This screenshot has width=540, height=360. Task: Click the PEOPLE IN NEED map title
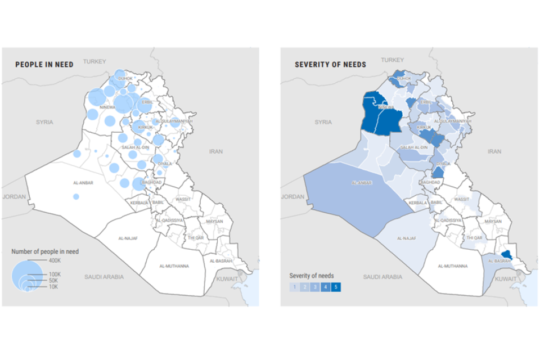click(x=44, y=65)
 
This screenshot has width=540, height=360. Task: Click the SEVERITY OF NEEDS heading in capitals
click(x=330, y=65)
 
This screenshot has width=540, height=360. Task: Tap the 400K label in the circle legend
click(x=55, y=261)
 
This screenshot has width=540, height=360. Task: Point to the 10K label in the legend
click(x=53, y=287)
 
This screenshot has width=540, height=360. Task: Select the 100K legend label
click(x=55, y=274)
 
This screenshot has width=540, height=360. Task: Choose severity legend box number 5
click(x=336, y=287)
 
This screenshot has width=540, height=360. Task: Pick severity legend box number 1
click(x=295, y=287)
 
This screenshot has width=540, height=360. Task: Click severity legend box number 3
click(x=315, y=287)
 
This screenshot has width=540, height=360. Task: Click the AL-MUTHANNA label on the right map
click(x=453, y=266)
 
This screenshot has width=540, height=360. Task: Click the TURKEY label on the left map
click(x=94, y=61)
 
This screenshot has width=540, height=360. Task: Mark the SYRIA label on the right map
click(x=323, y=122)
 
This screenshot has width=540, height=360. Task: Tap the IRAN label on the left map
click(x=216, y=151)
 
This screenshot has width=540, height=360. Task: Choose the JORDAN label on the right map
click(x=292, y=196)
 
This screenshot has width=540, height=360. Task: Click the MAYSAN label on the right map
click(x=493, y=222)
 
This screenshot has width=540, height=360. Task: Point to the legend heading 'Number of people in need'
click(x=45, y=251)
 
